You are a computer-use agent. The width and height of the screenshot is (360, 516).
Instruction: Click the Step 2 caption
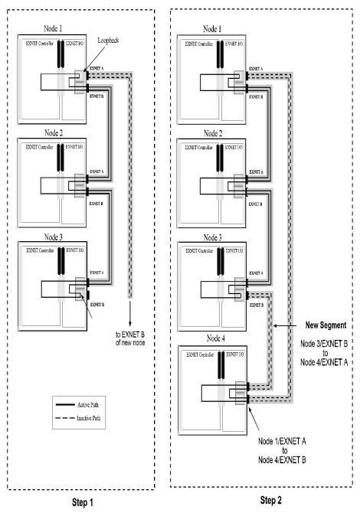pos(264,501)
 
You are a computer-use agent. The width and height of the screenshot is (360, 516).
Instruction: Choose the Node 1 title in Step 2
pos(218,29)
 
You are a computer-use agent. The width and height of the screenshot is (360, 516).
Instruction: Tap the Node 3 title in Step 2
pos(218,237)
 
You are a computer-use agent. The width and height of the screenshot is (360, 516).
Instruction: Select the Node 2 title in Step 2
pos(218,132)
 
